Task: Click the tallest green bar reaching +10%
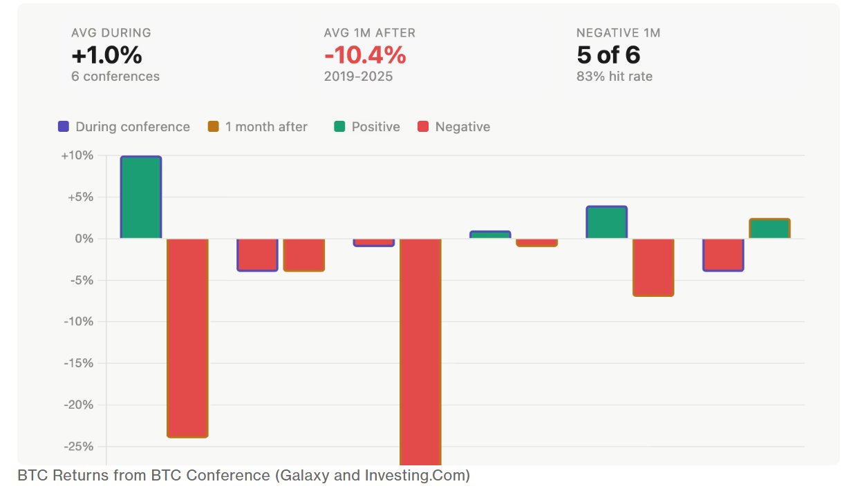pos(141,197)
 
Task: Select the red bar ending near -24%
pos(187,338)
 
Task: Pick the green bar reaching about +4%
pos(606,222)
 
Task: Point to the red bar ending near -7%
pos(653,267)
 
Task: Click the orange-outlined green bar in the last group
pos(769,229)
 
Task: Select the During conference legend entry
pos(124,127)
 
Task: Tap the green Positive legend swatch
pos(340,127)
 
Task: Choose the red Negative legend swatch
pos(423,127)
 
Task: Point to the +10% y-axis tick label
pos(77,155)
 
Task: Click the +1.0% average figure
pos(106,55)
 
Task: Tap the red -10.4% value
pos(364,55)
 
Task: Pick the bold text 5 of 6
pos(608,55)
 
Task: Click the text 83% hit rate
pos(614,76)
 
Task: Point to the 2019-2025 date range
pos(358,76)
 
